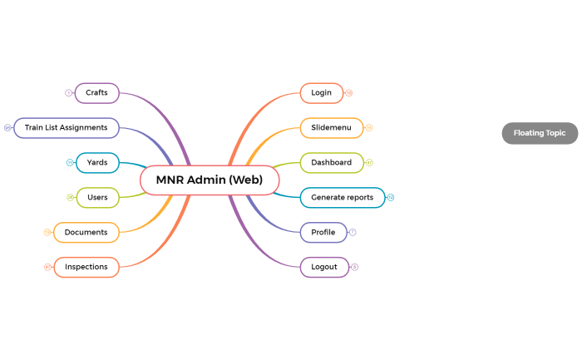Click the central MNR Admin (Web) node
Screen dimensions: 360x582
[210, 180]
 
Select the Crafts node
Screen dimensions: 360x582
[97, 92]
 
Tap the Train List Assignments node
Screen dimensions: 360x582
[67, 127]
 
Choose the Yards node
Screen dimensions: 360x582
[97, 162]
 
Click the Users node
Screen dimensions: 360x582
[97, 197]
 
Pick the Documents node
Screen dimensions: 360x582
[86, 232]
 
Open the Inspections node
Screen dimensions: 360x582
[86, 267]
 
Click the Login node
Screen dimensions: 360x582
[321, 92]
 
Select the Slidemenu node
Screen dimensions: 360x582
[331, 127]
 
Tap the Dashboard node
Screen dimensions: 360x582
[331, 162]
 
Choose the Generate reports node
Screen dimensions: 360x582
[342, 197]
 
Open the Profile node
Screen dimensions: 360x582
[323, 232]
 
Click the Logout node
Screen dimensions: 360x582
[324, 267]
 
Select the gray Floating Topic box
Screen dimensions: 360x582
[540, 133]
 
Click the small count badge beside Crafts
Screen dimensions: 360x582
[68, 92]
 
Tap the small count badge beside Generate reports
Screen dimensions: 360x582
[391, 197]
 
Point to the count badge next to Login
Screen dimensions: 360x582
[349, 92]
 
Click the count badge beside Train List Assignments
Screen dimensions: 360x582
[7, 127]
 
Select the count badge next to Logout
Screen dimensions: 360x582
[355, 267]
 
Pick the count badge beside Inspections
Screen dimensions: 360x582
[47, 267]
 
